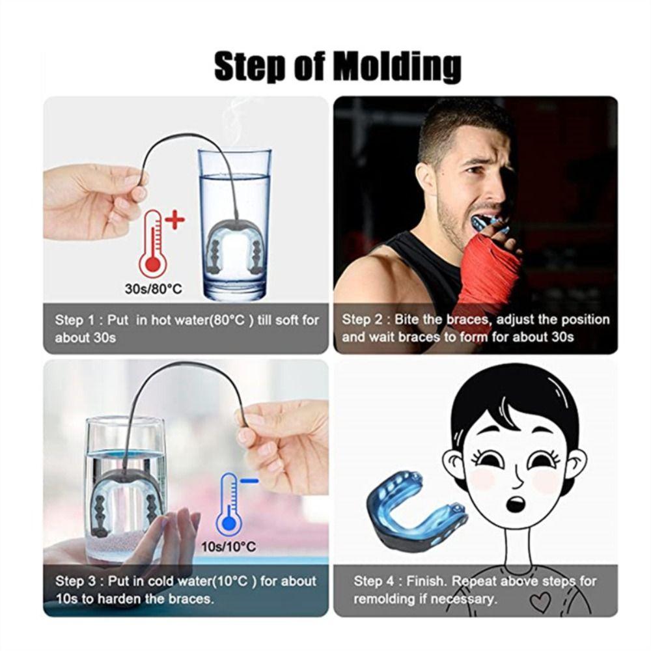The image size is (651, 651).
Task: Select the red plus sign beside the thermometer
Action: click(174, 220)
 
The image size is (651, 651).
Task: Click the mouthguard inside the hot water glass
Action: click(235, 254)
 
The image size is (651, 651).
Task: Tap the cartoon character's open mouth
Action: click(516, 503)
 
